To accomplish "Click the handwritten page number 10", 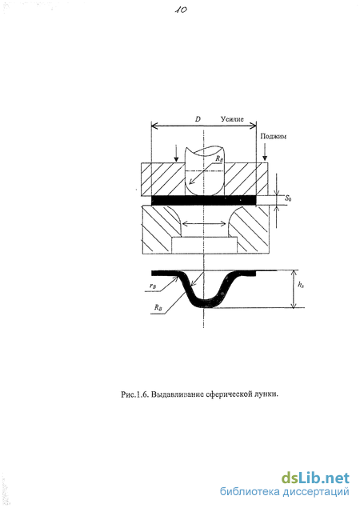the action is [x=181, y=10].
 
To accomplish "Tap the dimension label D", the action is [x=198, y=119].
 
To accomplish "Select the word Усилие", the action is [x=232, y=119].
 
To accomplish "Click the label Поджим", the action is [x=274, y=136].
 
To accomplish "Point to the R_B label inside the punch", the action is [x=219, y=158].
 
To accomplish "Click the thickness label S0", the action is [x=288, y=198].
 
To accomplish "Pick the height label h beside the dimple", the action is [x=300, y=285].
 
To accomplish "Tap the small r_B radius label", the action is [x=153, y=286].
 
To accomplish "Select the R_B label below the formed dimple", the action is [x=158, y=307].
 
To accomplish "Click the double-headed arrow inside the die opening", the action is [x=204, y=223].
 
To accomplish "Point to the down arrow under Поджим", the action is [x=265, y=152].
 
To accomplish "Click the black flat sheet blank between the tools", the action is [x=204, y=200].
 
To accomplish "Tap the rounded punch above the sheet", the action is [x=204, y=172].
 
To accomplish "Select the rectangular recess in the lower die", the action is [x=204, y=246].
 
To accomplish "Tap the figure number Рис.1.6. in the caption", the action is [x=135, y=394].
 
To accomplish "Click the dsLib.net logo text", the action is [x=315, y=478].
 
